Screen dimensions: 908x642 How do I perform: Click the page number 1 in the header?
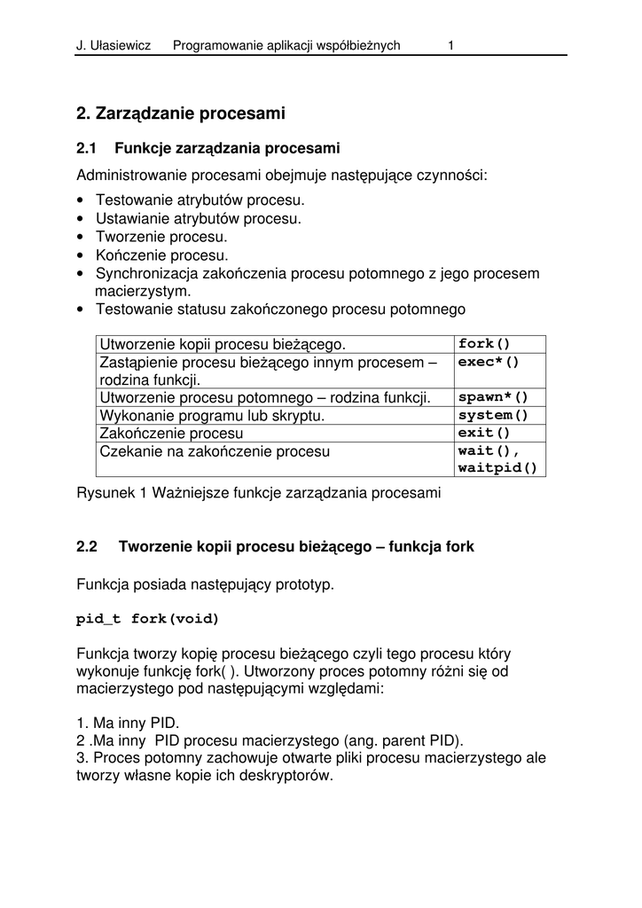point(451,45)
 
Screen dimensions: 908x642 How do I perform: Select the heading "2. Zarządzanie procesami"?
point(181,113)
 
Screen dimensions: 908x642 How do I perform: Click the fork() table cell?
point(485,344)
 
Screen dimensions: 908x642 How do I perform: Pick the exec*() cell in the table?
point(489,363)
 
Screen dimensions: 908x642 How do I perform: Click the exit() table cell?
point(485,433)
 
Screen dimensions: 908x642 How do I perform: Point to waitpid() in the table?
point(497,468)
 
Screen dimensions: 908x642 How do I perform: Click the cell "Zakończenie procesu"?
point(171,434)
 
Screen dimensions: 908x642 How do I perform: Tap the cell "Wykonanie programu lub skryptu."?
point(213,416)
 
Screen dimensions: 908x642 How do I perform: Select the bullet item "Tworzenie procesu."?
point(161,237)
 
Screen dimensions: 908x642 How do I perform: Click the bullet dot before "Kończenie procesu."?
point(82,255)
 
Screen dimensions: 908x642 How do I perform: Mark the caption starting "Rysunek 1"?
point(258,493)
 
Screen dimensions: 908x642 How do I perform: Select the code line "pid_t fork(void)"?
point(147,619)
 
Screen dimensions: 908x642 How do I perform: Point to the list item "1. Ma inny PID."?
point(128,724)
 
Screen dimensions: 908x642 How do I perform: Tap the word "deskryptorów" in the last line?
point(289,776)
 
